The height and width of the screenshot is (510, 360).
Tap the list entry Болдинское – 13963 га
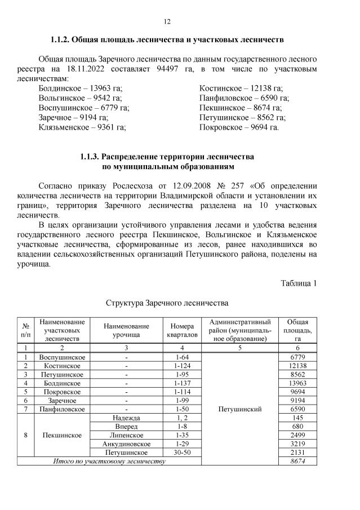click(x=80, y=88)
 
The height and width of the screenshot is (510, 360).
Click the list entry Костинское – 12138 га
click(x=241, y=88)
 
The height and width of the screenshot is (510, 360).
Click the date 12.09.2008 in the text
click(x=185, y=185)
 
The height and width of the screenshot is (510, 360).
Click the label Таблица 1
click(x=299, y=283)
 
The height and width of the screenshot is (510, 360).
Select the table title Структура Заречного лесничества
click(x=167, y=303)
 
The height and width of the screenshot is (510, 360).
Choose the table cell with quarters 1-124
click(x=181, y=366)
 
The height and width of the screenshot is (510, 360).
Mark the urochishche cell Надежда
click(x=126, y=418)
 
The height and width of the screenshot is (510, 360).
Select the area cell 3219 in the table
click(x=296, y=444)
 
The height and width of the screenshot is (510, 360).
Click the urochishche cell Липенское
click(x=126, y=435)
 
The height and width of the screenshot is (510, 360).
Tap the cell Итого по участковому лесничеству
click(x=109, y=461)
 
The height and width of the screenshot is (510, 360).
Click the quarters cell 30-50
click(x=181, y=453)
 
